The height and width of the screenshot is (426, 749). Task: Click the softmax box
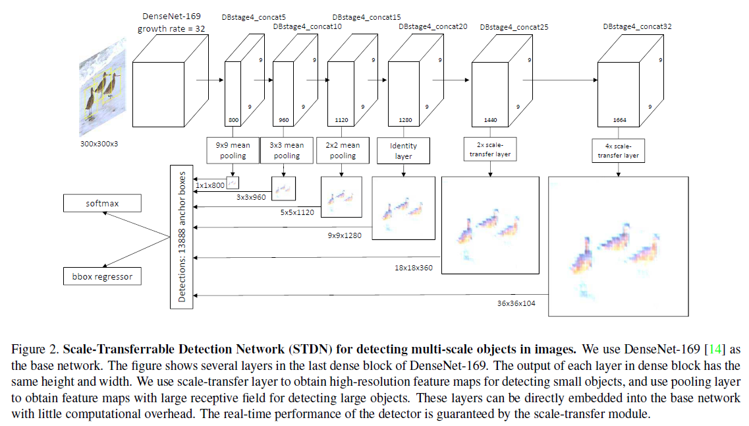[102, 203]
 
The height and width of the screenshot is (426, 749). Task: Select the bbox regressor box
[102, 276]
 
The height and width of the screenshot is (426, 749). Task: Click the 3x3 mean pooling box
[286, 150]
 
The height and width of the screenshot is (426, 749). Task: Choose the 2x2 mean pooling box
[342, 150]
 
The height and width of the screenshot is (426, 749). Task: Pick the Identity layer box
[403, 150]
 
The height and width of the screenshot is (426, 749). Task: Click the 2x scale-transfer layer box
[490, 150]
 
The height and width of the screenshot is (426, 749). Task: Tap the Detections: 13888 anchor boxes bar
[182, 237]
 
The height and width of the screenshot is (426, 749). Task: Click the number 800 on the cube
[233, 121]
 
